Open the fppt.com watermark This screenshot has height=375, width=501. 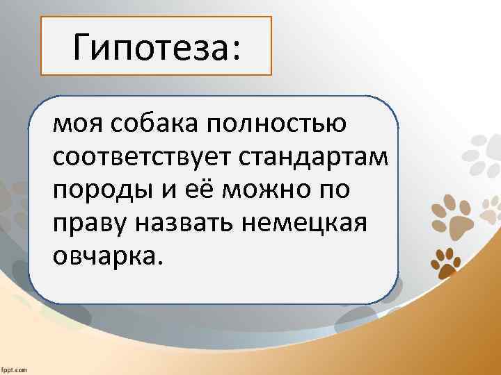(14, 369)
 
